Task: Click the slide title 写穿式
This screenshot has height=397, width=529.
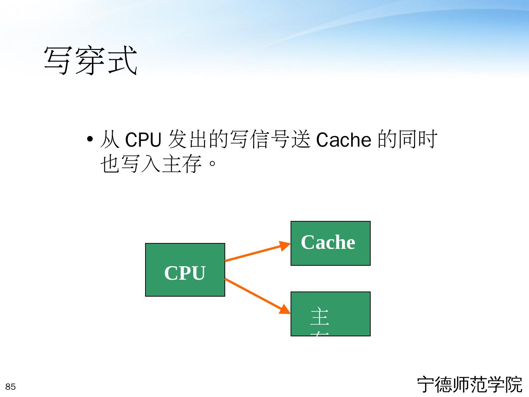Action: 90,60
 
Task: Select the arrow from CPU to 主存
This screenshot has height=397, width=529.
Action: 253,294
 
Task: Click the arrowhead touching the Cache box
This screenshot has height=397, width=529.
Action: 285,246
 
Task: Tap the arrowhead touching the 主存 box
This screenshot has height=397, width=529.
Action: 285,310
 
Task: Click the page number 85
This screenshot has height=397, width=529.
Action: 11,387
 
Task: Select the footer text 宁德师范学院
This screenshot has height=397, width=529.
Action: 469,385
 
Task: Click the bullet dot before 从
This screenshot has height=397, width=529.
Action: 90,140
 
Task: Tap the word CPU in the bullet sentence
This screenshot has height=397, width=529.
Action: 143,140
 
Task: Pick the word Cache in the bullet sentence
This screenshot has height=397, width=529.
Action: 343,140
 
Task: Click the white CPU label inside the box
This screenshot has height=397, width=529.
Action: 185,273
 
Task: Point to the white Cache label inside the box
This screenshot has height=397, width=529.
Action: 328,242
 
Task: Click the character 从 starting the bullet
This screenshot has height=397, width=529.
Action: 109,140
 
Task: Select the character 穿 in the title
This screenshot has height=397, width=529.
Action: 90,60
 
